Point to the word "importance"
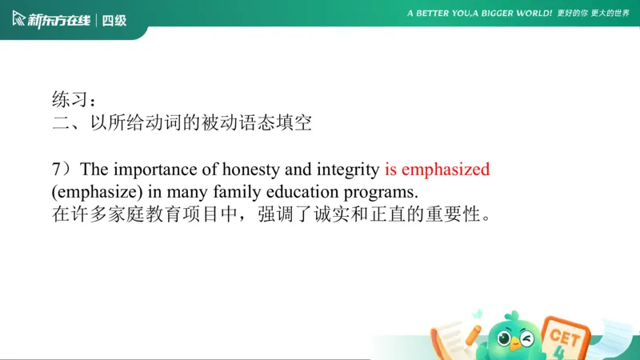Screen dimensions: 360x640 click(151, 170)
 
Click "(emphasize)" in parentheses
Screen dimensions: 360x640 click(89, 193)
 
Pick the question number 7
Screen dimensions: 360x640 click(56, 170)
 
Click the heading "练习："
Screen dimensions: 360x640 click(75, 100)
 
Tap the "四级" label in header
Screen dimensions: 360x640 click(114, 20)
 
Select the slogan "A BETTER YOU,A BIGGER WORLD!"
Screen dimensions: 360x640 click(479, 14)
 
